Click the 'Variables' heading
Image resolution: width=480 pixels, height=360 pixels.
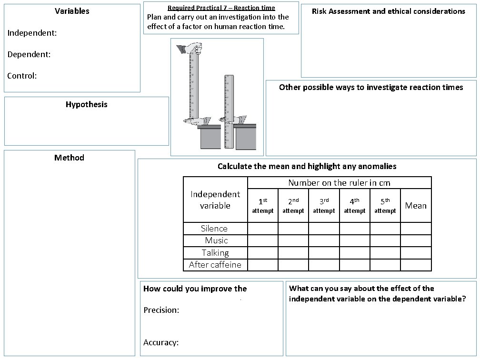[72, 11]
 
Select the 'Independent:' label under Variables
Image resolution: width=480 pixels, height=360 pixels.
[32, 33]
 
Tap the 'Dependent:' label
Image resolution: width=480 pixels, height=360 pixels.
[29, 54]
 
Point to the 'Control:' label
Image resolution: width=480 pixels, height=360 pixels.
[22, 76]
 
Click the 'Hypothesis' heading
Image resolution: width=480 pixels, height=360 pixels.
[87, 104]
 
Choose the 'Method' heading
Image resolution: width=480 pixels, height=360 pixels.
[69, 158]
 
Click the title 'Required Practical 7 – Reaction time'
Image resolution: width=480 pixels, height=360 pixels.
[221, 8]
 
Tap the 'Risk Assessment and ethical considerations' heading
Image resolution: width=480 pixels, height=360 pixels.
[388, 11]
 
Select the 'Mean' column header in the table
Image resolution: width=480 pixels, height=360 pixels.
[416, 206]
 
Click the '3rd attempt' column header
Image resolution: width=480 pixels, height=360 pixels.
[324, 206]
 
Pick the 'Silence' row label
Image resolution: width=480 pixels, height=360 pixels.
[214, 229]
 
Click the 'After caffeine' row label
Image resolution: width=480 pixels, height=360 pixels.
[215, 265]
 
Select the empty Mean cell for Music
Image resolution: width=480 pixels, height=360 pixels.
[416, 240]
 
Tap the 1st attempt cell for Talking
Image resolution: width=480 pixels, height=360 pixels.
[263, 253]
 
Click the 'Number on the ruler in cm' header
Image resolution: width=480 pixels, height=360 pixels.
[339, 183]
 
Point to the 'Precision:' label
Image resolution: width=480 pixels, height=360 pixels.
[161, 310]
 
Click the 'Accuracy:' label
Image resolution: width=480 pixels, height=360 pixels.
[161, 342]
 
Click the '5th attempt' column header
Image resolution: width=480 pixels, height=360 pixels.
[385, 206]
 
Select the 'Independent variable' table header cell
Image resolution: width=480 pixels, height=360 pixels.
[215, 200]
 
